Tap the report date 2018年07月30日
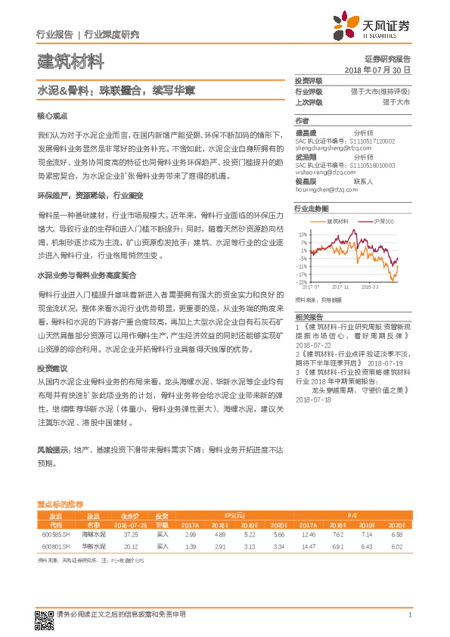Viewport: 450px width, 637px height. pyautogui.click(x=377, y=70)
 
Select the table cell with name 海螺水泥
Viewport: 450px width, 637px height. pyautogui.click(x=93, y=533)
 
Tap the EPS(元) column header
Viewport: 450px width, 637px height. pyautogui.click(x=226, y=514)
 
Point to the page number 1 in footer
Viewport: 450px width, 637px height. pyautogui.click(x=408, y=614)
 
